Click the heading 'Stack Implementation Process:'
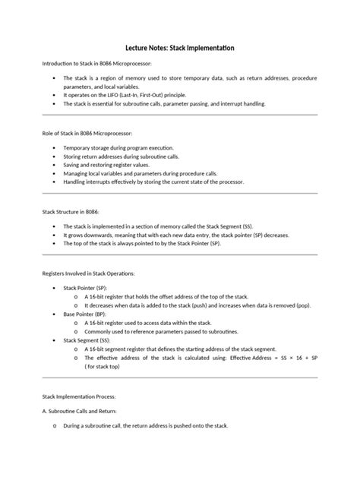point(78,396)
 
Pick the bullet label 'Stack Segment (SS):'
point(87,340)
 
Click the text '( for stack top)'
point(108,366)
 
